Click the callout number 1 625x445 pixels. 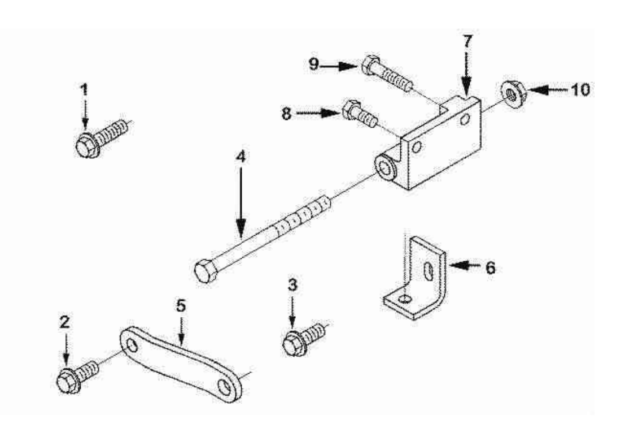tap(84, 89)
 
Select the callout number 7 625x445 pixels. tap(466, 42)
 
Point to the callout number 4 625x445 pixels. tap(241, 157)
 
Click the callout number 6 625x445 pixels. tap(490, 267)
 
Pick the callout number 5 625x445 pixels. tap(181, 306)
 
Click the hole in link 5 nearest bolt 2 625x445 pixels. tap(132, 344)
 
